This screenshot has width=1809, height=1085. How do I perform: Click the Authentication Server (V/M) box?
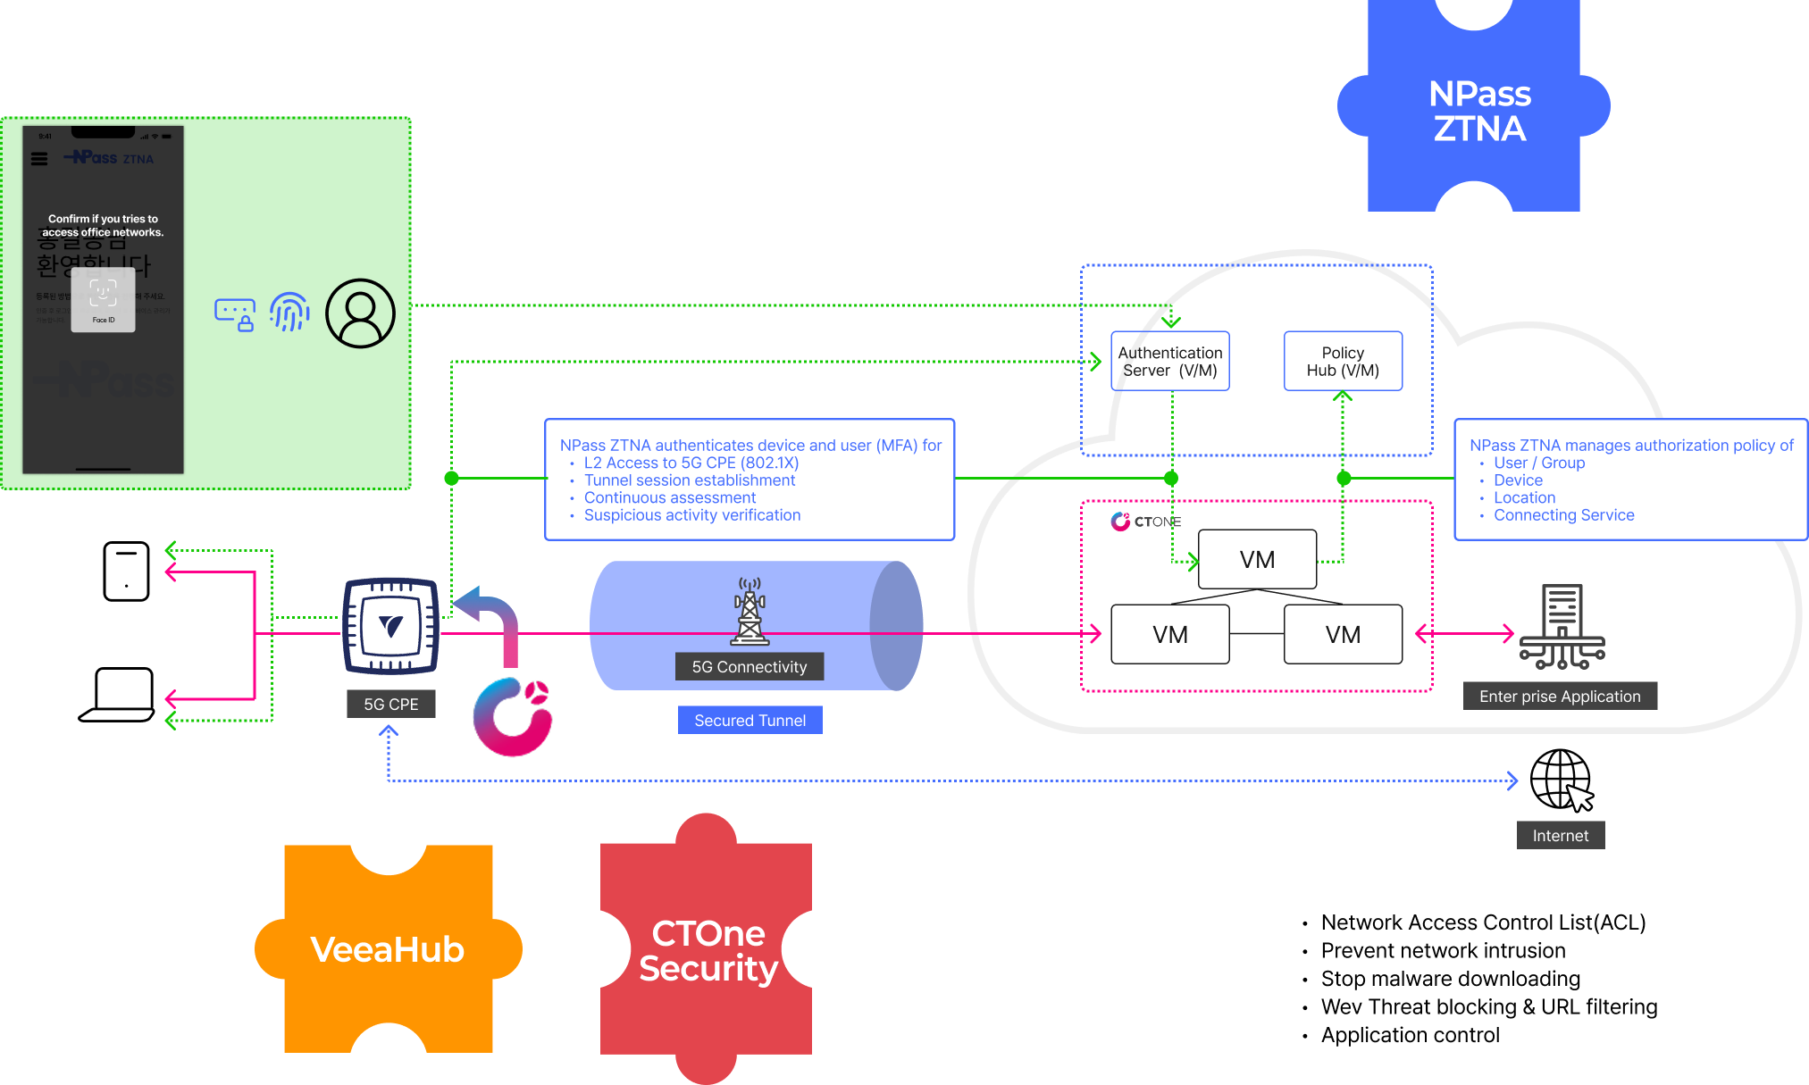point(1170,362)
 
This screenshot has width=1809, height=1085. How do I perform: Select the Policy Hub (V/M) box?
point(1343,362)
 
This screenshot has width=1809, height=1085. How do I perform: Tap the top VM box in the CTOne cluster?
point(1257,560)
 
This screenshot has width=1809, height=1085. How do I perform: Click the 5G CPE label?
point(391,704)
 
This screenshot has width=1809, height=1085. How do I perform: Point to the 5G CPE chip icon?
point(391,626)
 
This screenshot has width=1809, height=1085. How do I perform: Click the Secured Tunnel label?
point(750,720)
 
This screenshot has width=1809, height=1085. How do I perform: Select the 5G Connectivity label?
point(750,667)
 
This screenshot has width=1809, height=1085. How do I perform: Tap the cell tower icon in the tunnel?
point(750,611)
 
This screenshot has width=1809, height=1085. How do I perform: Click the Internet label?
point(1561,835)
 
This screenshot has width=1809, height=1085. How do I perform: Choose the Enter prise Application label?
point(1560,697)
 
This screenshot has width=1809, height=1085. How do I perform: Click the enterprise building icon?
point(1562,627)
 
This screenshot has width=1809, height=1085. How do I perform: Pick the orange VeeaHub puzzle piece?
point(388,949)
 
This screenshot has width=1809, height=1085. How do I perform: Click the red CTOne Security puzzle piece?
point(708,950)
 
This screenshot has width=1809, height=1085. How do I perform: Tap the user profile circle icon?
point(360,313)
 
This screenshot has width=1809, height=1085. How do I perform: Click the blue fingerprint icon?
point(289,313)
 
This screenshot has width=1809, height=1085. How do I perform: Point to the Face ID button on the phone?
point(104,300)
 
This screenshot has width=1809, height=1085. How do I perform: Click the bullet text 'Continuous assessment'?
point(670,497)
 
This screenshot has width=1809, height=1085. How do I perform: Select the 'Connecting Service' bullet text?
point(1563,515)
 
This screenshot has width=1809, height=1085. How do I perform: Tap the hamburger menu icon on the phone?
point(39,159)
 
